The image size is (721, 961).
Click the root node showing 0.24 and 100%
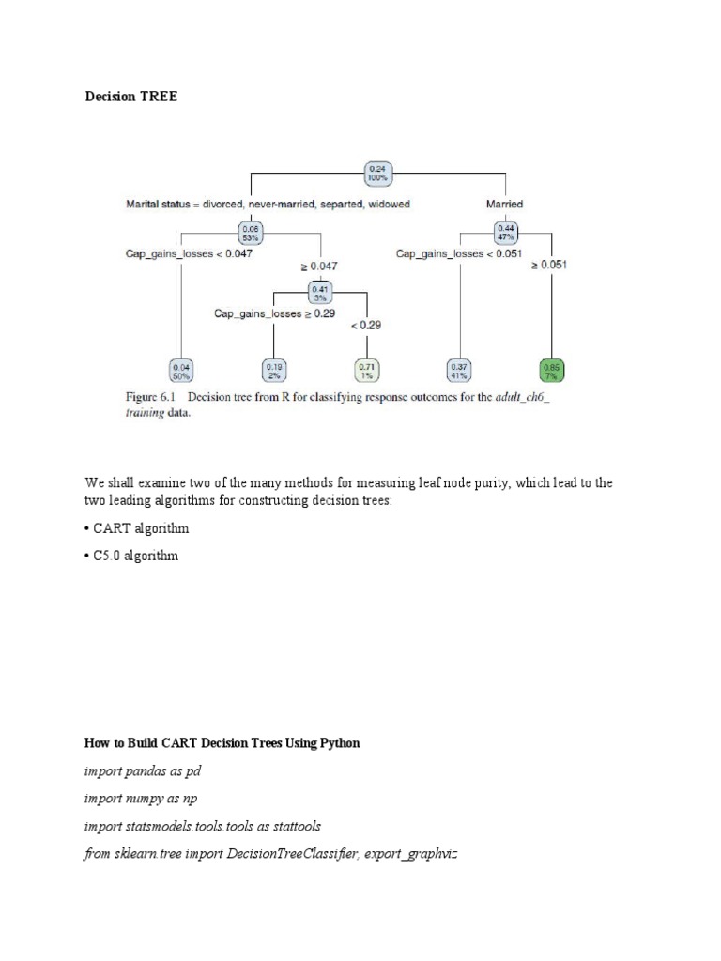coord(376,174)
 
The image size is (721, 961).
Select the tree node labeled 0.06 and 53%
coord(252,232)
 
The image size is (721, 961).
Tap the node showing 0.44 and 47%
coord(508,232)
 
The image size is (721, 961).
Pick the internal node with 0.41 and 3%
coord(319,292)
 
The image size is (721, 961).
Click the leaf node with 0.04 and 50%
coord(180,370)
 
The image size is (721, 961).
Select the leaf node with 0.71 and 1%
coord(366,370)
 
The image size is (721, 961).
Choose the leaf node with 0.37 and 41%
coord(460,370)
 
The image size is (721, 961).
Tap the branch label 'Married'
coord(504,204)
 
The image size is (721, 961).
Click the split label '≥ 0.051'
coord(549,265)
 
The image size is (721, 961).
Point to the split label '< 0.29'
coord(366,326)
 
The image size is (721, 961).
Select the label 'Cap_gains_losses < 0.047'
coord(189,252)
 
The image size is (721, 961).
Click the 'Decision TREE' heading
coord(130,97)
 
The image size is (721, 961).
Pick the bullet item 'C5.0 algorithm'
coord(134,556)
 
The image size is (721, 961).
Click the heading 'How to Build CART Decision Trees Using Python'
coord(222,742)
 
